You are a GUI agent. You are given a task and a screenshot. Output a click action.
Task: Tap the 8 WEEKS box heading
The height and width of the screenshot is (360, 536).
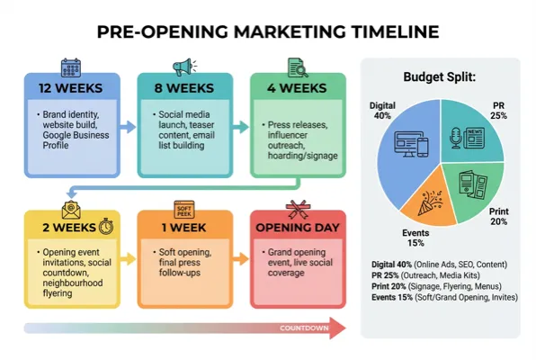point(183,88)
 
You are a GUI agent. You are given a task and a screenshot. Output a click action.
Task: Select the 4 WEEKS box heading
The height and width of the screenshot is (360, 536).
point(296,88)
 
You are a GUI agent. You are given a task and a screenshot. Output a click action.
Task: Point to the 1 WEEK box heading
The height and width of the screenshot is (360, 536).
point(183,227)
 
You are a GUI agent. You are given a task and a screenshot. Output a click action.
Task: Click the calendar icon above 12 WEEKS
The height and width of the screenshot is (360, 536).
point(71,67)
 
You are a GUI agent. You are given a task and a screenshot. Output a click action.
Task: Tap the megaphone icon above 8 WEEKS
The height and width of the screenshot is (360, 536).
point(183,67)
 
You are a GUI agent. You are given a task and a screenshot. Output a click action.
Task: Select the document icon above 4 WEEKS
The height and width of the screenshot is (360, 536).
point(297,67)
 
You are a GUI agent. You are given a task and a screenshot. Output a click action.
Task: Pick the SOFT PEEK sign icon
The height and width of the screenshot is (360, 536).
point(184,206)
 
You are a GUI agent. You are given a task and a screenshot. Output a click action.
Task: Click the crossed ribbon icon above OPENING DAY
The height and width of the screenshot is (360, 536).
point(297,206)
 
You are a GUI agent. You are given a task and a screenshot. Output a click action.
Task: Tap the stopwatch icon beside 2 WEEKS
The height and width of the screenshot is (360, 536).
point(107,227)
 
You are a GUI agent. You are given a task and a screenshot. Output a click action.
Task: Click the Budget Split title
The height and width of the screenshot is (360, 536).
point(440,76)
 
